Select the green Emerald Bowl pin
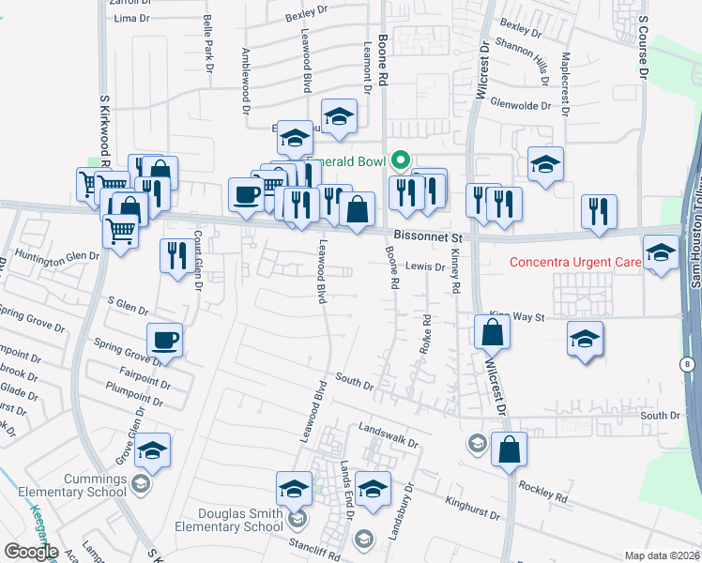click(x=401, y=160)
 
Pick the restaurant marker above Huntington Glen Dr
click(x=176, y=255)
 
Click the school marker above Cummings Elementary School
click(x=152, y=451)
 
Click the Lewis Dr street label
click(x=425, y=267)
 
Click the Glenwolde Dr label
click(x=520, y=106)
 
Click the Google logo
click(x=31, y=552)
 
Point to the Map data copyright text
click(x=660, y=555)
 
